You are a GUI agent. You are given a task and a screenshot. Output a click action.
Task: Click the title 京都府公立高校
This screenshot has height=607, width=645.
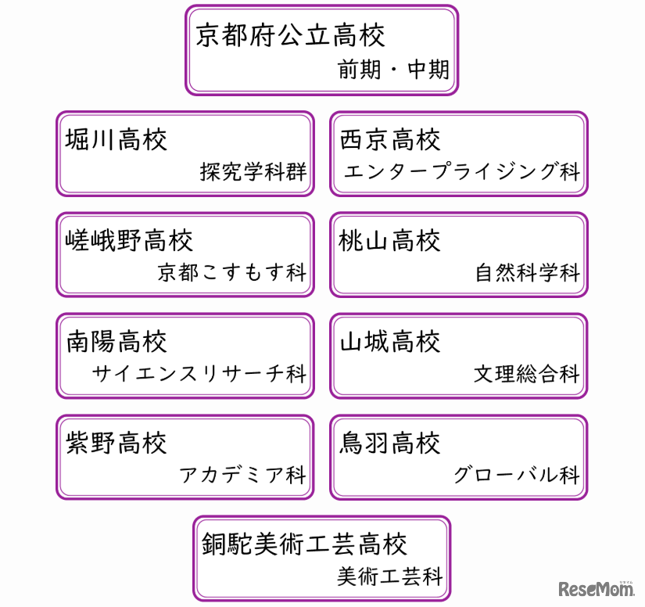tap(290, 35)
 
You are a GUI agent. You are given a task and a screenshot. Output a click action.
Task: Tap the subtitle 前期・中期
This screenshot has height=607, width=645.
tap(394, 70)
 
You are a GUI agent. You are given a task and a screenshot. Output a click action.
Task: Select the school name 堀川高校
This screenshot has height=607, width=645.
tap(116, 140)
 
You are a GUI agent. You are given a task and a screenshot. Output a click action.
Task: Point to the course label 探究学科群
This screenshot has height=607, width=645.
tap(253, 171)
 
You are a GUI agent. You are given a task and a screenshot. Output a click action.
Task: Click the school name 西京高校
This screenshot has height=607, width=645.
tap(390, 140)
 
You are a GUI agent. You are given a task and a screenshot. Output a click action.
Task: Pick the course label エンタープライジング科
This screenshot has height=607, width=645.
tap(462, 171)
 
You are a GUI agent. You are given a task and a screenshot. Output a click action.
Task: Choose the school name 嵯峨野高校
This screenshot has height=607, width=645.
tap(129, 240)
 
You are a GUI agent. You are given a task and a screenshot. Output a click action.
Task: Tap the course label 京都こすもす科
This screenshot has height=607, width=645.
tap(232, 272)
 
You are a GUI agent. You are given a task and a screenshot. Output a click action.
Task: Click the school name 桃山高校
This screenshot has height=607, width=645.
tap(390, 240)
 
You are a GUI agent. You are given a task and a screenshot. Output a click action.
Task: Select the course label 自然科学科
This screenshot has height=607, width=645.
tap(528, 272)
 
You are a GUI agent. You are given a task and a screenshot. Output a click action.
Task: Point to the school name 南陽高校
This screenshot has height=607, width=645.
tap(116, 342)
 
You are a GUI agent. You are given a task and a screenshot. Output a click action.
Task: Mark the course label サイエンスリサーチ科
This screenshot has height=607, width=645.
tap(199, 373)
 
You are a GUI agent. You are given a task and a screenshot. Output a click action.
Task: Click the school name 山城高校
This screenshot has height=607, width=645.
tap(390, 342)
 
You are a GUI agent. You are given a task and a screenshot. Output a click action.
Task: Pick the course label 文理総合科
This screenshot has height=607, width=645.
tap(527, 373)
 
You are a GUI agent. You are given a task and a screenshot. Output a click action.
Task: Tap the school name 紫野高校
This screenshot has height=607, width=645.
tap(116, 443)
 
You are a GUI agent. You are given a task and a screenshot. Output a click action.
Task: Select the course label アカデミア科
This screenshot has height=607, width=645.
tap(243, 475)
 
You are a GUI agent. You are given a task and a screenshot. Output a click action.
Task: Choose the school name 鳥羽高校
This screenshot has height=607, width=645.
tap(390, 443)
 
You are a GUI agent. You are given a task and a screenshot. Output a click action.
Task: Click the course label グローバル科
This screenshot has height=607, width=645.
tap(517, 475)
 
